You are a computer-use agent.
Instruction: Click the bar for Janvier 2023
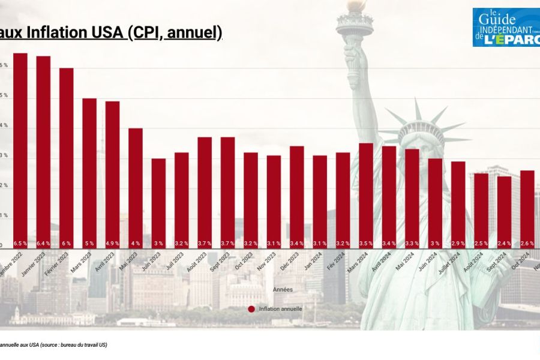click(x=43, y=150)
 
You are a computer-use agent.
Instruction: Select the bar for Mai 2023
click(x=135, y=186)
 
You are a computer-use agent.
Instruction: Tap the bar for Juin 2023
click(x=158, y=201)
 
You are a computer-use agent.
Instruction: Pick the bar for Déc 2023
click(x=296, y=195)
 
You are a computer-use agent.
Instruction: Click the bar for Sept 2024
click(x=504, y=210)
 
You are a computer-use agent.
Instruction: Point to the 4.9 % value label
click(x=112, y=244)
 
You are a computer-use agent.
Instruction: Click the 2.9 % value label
click(x=458, y=244)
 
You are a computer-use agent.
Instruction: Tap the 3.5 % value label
click(x=365, y=244)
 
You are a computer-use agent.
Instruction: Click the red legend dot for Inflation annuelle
click(x=251, y=309)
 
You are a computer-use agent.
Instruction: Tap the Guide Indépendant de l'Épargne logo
click(x=506, y=27)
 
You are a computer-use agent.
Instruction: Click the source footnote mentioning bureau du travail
click(x=54, y=345)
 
